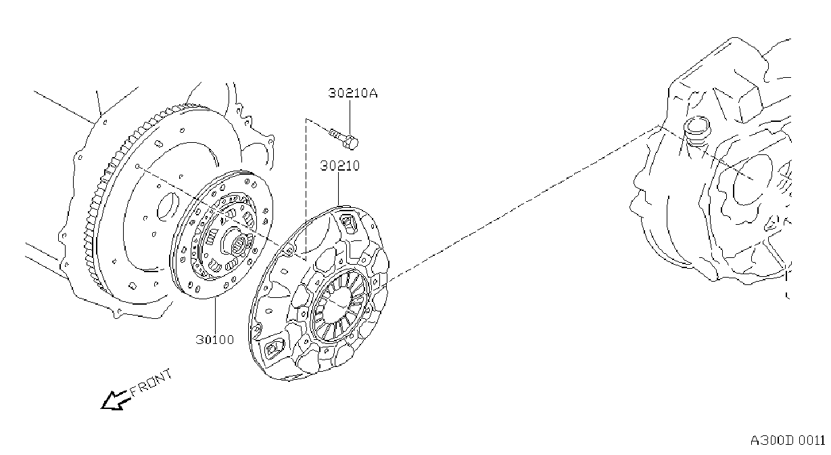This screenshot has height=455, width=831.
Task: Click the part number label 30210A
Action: click(353, 93)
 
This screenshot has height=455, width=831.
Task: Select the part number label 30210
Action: click(340, 166)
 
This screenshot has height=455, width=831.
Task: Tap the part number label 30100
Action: click(215, 339)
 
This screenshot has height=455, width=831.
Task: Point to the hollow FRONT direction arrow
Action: click(115, 400)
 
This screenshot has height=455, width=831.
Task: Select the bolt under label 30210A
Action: click(344, 138)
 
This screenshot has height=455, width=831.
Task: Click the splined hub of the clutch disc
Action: click(238, 243)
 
